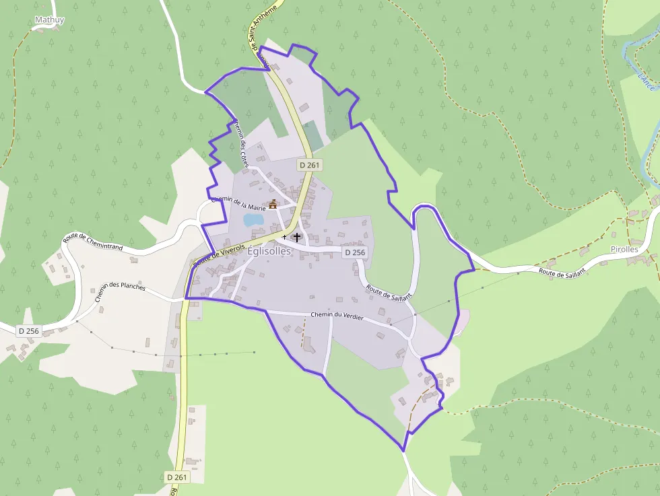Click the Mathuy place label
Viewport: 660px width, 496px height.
(x=49, y=20)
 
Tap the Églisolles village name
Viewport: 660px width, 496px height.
(x=269, y=251)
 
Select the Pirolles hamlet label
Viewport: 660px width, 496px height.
(x=624, y=249)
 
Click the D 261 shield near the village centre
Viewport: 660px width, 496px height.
(x=310, y=165)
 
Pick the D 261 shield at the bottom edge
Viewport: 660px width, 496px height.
(x=177, y=477)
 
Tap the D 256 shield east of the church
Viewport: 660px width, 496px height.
(x=354, y=252)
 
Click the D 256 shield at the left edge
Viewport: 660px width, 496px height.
(x=29, y=330)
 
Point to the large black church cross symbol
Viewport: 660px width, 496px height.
(x=296, y=237)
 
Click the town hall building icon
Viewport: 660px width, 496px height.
(x=273, y=204)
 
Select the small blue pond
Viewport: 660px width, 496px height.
(x=253, y=219)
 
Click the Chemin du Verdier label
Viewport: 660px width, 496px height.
(x=337, y=316)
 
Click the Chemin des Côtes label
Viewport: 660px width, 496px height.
(x=241, y=143)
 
